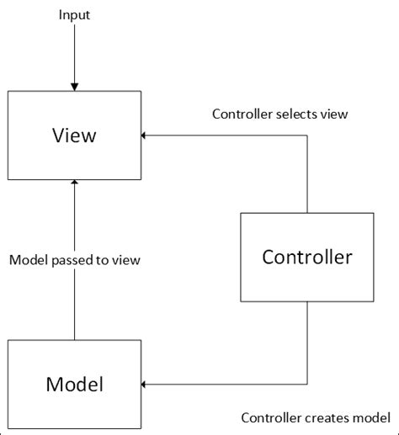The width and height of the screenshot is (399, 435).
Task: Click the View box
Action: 74,134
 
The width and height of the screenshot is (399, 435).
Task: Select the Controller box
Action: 306,257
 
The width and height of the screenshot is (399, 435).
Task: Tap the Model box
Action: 74,385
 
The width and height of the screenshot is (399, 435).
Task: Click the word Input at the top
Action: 74,16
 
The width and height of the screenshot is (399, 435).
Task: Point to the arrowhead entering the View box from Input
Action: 74,87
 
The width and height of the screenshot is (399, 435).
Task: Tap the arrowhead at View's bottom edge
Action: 74,183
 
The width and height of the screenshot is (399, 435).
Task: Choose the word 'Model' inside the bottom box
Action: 74,385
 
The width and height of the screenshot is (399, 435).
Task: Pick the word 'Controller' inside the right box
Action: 306,257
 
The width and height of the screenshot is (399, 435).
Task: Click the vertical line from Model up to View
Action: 74,303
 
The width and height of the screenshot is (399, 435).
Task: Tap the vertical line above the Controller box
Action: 306,172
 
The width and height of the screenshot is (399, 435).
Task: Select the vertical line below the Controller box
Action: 306,345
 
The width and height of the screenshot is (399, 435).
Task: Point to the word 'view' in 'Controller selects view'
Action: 334,114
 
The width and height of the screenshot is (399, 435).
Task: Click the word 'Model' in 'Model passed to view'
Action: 29,260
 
